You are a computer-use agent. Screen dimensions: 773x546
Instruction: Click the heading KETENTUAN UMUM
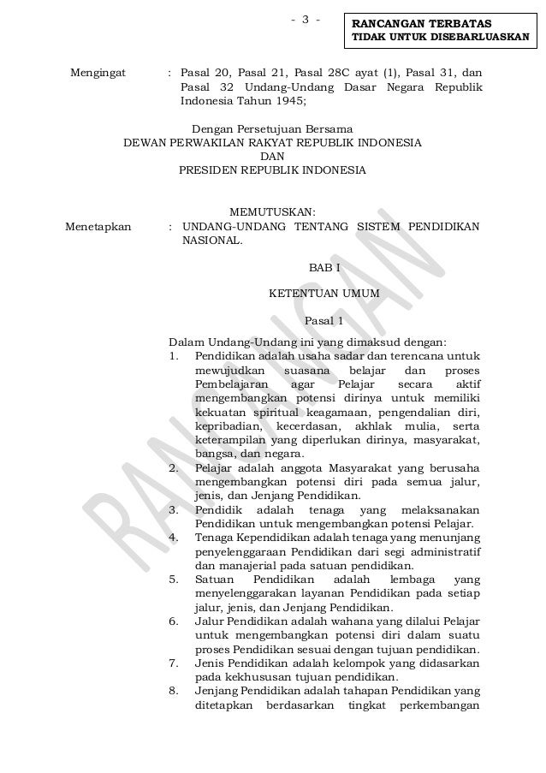(x=323, y=294)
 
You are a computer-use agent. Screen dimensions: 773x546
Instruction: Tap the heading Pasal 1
(x=323, y=322)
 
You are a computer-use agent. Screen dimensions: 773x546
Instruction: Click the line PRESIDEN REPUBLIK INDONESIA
(x=272, y=170)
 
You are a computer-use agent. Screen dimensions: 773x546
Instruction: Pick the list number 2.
(x=174, y=468)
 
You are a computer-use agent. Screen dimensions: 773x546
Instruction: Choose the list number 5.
(x=174, y=579)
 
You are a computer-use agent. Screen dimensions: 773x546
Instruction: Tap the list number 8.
(x=174, y=690)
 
